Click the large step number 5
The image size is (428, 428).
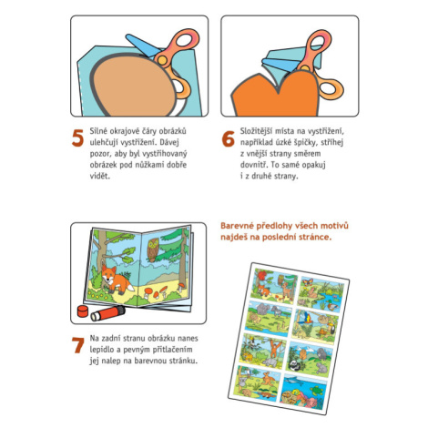tap(77, 138)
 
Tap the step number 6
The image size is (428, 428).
tap(229, 138)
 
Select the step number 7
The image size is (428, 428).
tap(77, 345)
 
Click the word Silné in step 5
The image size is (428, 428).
tap(97, 131)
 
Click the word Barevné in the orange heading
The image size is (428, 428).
tap(236, 226)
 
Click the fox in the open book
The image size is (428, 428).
tap(116, 280)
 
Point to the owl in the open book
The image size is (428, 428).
tap(153, 250)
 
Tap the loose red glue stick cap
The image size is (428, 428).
tap(83, 311)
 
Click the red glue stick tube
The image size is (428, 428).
tap(107, 313)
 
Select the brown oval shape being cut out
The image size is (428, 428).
tap(134, 86)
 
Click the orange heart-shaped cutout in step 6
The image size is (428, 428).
tap(276, 95)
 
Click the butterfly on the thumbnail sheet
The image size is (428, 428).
tap(308, 282)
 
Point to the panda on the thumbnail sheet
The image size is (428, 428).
tap(294, 365)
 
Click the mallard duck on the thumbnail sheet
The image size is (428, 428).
tap(332, 306)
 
